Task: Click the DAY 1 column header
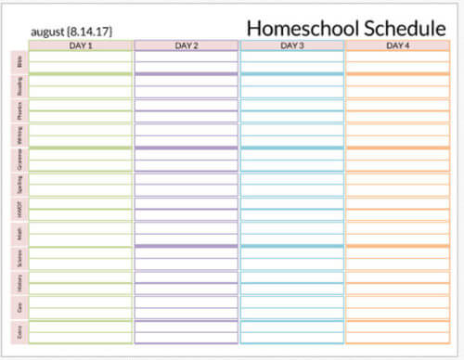pos(81,45)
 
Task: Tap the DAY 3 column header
pos(291,45)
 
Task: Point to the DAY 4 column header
pos(397,45)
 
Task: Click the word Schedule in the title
pos(401,28)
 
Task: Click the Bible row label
pos(19,62)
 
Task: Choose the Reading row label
pos(19,86)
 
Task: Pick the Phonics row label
pos(19,111)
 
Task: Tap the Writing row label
pos(19,135)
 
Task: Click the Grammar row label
pos(19,160)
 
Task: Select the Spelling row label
pos(19,185)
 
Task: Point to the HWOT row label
pos(19,209)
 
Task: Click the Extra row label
pos(19,331)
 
